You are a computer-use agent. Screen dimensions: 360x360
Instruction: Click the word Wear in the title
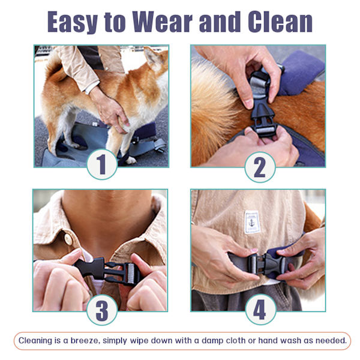[x=162, y=22]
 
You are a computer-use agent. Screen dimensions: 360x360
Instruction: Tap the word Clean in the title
[x=280, y=22]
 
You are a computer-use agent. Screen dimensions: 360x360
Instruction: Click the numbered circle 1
[x=102, y=164]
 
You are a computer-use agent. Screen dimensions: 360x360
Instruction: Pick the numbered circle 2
[x=260, y=167]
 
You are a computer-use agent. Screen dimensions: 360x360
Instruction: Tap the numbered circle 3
[x=102, y=310]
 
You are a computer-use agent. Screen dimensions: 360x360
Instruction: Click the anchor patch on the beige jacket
[x=252, y=222]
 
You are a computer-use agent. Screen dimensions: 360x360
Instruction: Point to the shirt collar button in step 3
[x=68, y=239]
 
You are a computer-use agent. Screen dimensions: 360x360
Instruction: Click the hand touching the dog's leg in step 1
[x=110, y=110]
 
